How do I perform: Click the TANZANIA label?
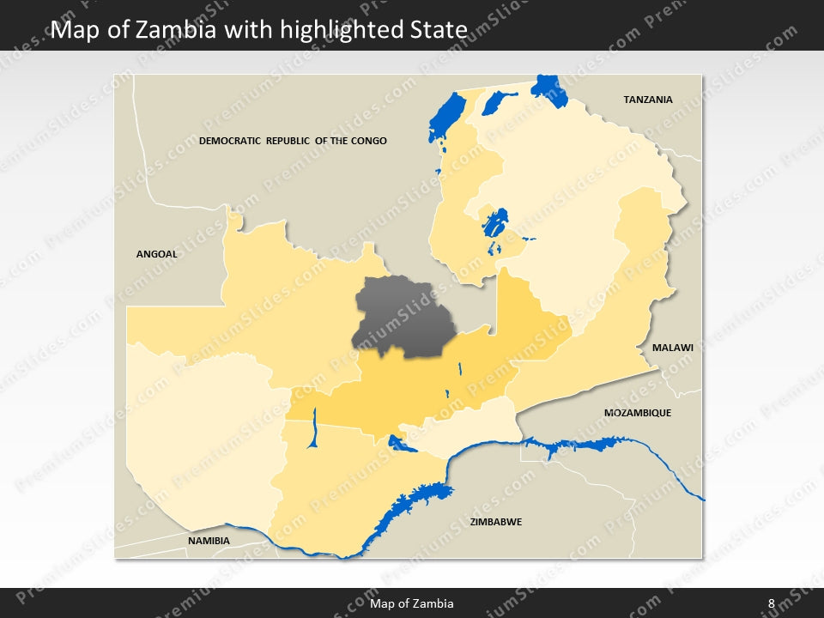tap(647, 100)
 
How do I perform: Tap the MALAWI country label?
tap(672, 348)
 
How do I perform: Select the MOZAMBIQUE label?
tap(637, 413)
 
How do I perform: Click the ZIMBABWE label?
tap(496, 522)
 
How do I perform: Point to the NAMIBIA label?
tap(209, 541)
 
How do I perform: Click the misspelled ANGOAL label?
tap(156, 254)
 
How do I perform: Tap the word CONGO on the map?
tap(368, 141)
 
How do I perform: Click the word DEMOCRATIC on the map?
tap(229, 141)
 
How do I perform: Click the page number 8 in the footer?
tap(771, 603)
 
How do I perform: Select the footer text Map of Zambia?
tap(412, 603)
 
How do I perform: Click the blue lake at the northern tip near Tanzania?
tap(544, 86)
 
